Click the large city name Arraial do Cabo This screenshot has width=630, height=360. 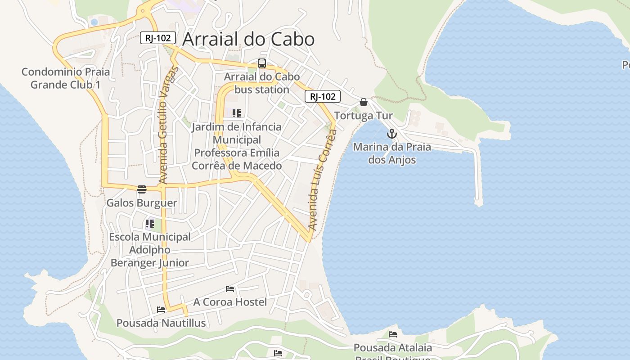click(x=248, y=40)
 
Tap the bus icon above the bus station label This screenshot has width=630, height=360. click(x=262, y=63)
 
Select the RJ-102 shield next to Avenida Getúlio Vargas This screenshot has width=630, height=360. click(x=157, y=38)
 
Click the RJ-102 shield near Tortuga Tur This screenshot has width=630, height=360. click(x=323, y=96)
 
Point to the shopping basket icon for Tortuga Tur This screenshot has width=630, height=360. click(x=364, y=102)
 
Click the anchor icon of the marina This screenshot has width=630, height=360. click(x=392, y=134)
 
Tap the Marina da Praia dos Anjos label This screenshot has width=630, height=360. click(x=392, y=153)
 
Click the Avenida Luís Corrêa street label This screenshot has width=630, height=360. click(x=323, y=180)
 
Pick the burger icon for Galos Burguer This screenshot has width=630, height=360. click(x=142, y=189)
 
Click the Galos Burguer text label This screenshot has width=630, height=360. click(x=142, y=203)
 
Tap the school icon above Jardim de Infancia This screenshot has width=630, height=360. click(x=237, y=113)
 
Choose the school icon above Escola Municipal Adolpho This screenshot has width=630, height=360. click(x=150, y=223)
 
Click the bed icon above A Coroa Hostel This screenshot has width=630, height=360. click(x=230, y=288)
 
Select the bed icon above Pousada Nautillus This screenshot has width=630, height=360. click(x=161, y=309)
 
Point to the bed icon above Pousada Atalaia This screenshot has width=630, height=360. click(x=393, y=334)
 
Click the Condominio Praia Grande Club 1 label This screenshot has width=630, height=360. click(x=66, y=78)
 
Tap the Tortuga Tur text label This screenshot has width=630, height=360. click(x=364, y=116)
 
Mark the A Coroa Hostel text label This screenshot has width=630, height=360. click(x=230, y=302)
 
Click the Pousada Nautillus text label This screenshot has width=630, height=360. click(x=161, y=323)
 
